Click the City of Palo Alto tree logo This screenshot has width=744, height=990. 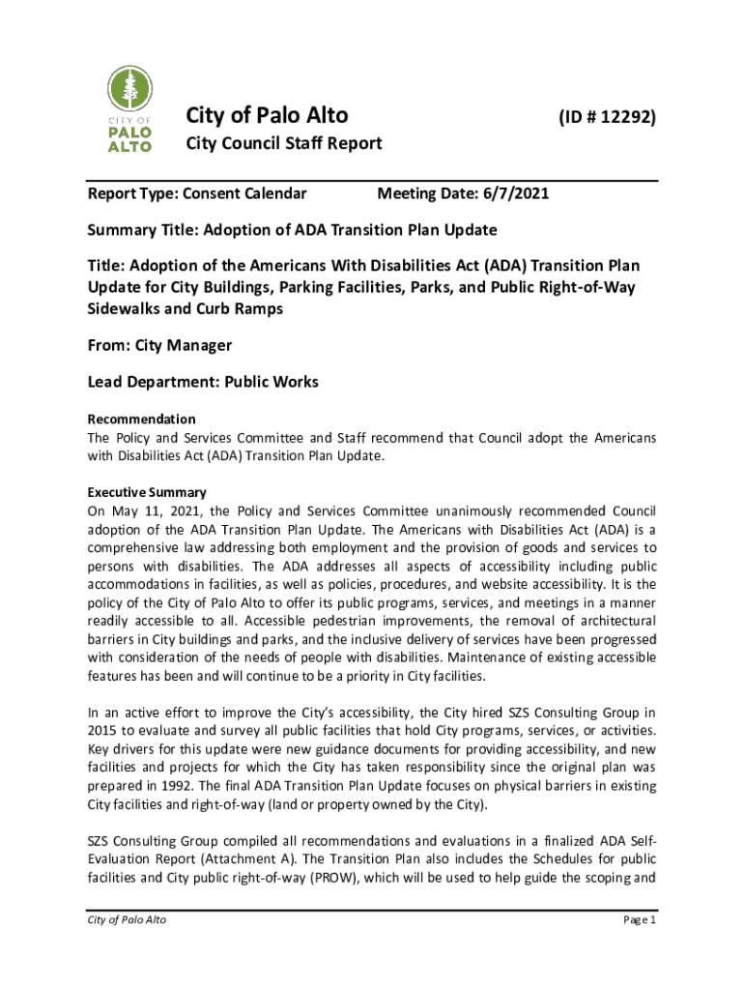(x=129, y=109)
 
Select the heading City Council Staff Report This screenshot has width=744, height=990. (x=283, y=144)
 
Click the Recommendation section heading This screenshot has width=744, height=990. (x=142, y=419)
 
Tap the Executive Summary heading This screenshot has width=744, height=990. (x=147, y=491)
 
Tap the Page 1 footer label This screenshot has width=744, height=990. (x=639, y=919)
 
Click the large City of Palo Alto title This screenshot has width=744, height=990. (x=267, y=116)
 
